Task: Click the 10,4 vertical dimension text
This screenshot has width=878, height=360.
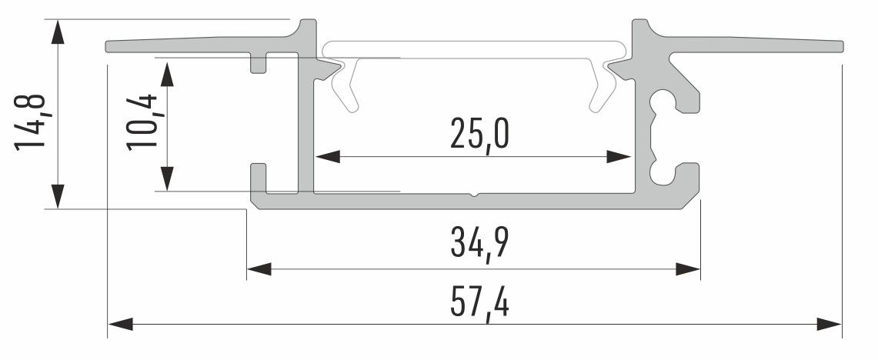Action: [x=143, y=122]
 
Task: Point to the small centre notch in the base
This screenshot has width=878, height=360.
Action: [x=476, y=194]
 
